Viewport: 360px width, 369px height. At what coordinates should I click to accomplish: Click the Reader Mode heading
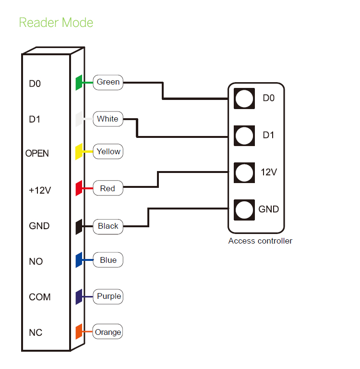[x=56, y=23]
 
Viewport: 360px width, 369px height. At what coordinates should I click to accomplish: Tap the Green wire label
[x=108, y=82]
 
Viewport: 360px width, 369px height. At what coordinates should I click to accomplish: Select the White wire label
[x=108, y=119]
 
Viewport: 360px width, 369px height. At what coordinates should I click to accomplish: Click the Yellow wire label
[x=108, y=152]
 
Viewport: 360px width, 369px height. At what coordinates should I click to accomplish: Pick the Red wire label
[x=108, y=188]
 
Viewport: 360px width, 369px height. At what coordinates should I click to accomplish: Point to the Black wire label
[x=108, y=226]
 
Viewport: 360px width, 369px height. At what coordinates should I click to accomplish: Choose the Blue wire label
[x=108, y=260]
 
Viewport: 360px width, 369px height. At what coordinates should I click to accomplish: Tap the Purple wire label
[x=109, y=296]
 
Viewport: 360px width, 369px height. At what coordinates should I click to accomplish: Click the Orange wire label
[x=108, y=332]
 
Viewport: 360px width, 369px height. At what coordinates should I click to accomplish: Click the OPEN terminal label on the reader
[x=37, y=154]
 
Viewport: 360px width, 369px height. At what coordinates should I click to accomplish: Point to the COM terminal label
[x=40, y=297]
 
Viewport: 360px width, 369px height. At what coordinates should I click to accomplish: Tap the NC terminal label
[x=36, y=332]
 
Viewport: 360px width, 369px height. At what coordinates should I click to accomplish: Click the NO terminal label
[x=36, y=261]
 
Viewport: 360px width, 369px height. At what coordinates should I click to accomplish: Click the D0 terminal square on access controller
[x=244, y=98]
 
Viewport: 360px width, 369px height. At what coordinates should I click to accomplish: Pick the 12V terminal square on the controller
[x=244, y=172]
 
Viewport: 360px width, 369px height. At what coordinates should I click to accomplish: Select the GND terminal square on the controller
[x=244, y=209]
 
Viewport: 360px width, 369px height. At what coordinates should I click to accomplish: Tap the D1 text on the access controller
[x=268, y=135]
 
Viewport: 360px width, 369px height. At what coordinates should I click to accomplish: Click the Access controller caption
[x=260, y=241]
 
